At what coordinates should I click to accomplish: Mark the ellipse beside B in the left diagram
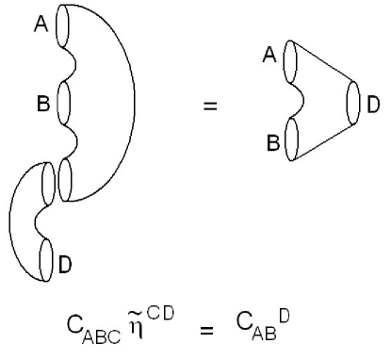pos(65,102)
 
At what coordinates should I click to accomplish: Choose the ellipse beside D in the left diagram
pos(48,256)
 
